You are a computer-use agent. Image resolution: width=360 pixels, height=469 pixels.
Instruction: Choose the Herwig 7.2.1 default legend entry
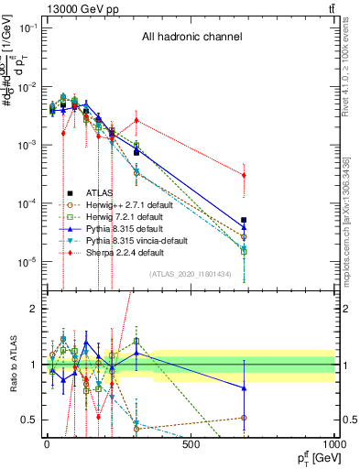tap(118, 217)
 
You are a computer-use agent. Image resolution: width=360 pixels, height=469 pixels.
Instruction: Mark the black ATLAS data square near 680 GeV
tap(244, 221)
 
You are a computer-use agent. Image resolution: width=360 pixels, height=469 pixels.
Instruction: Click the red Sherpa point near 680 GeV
tap(244, 175)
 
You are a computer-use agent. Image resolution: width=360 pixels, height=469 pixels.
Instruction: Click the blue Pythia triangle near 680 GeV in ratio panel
tap(244, 388)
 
